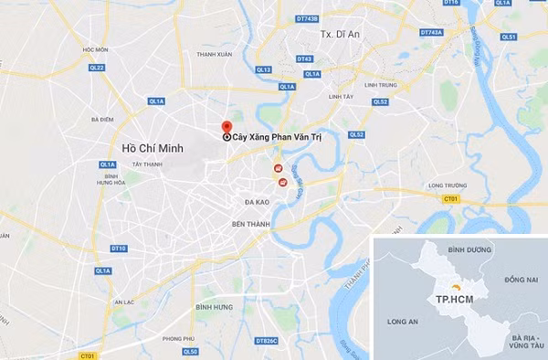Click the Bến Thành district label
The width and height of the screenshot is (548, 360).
[252, 223]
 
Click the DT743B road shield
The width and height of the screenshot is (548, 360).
[307, 18]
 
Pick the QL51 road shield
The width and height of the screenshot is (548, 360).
[509, 37]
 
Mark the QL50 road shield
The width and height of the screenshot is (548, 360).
[191, 352]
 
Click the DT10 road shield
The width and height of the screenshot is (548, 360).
[118, 249]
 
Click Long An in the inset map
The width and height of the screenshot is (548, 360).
[403, 322]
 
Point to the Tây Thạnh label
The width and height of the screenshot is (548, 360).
[146, 164]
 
